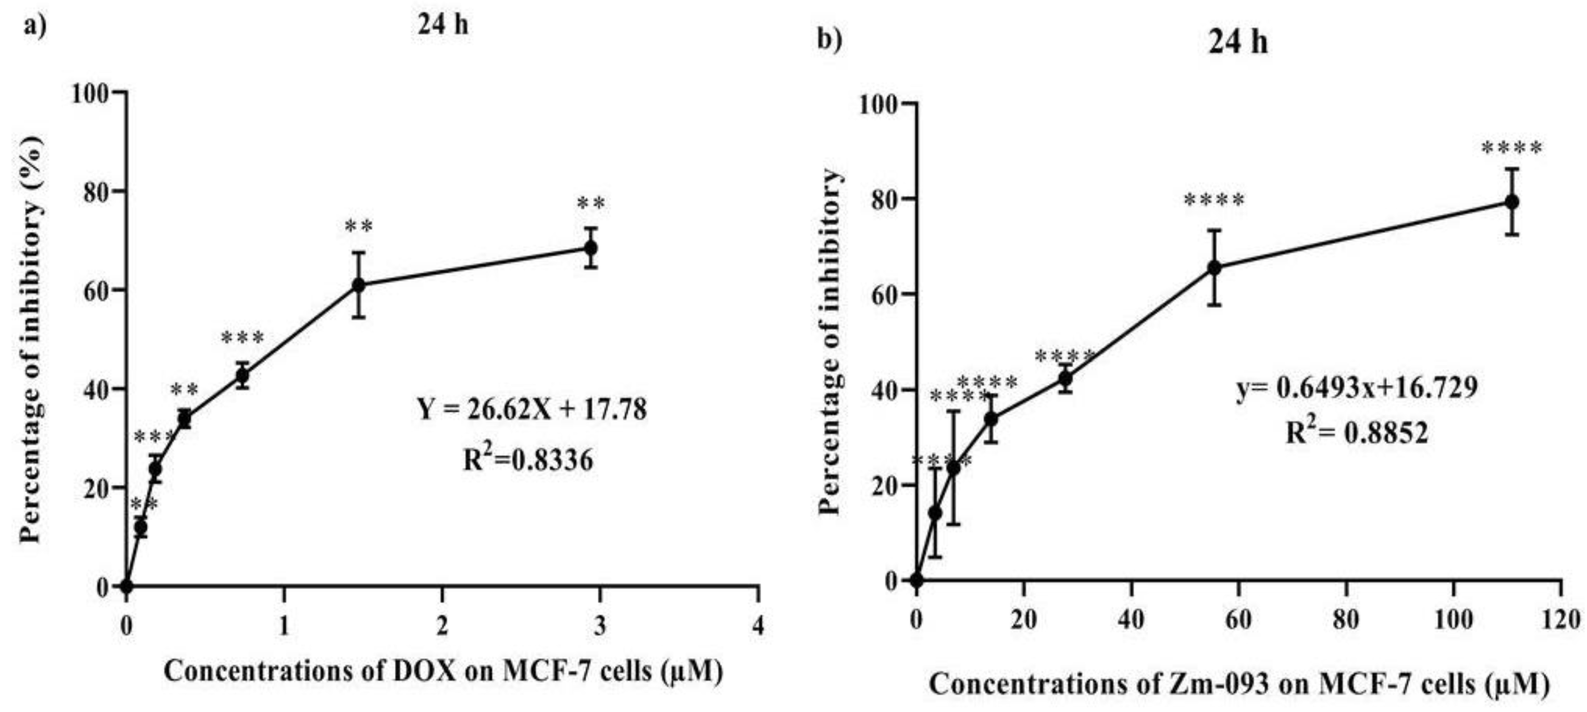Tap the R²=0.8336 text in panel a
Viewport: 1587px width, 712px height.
(528, 459)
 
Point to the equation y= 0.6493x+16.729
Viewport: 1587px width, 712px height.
(1357, 388)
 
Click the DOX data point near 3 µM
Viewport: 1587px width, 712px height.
(590, 248)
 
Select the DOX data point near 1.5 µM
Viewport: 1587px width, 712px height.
(358, 285)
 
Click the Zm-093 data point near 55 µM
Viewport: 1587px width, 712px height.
(1214, 267)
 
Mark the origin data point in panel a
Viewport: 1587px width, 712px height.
(127, 586)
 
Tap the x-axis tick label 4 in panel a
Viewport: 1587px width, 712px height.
(758, 626)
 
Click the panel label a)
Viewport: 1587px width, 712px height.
(35, 26)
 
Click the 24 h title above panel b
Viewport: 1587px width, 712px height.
(1237, 43)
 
